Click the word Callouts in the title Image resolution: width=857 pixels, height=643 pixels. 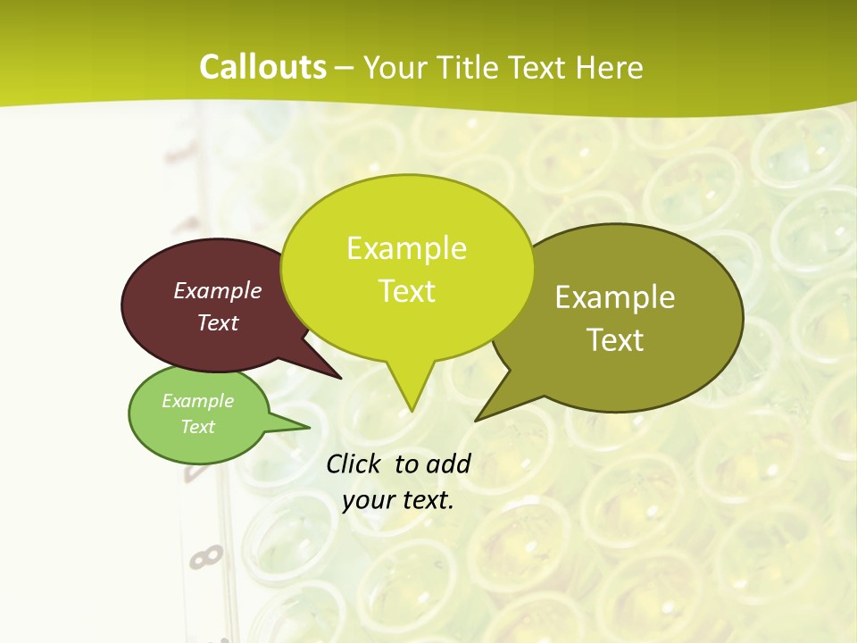(x=262, y=67)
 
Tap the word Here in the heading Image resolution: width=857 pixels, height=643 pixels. (x=609, y=67)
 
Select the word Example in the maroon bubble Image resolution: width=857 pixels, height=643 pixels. (x=218, y=290)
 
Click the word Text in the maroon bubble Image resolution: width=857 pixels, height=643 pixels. (x=218, y=322)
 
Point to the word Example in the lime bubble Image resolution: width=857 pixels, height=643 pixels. (x=406, y=248)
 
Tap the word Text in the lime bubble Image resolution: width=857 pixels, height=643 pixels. (x=406, y=291)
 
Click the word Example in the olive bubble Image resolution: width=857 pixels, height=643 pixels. (x=615, y=297)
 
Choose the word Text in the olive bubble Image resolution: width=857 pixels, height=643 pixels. (x=615, y=340)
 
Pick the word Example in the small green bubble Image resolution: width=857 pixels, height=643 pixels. (x=197, y=401)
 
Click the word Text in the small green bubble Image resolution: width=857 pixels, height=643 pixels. (x=197, y=427)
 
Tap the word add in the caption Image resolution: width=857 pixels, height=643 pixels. (x=448, y=464)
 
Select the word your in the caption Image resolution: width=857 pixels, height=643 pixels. (x=368, y=500)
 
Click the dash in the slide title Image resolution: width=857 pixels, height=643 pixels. (x=345, y=68)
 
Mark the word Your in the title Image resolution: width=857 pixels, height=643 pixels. (x=394, y=67)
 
